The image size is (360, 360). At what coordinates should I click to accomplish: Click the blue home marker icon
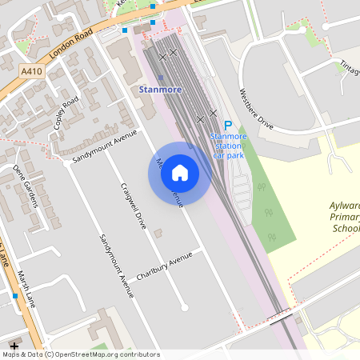179,173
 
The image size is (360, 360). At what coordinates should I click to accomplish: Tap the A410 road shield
31,71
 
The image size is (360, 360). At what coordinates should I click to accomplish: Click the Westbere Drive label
256,110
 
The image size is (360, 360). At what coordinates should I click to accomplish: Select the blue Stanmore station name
161,89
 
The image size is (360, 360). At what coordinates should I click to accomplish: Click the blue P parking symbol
227,126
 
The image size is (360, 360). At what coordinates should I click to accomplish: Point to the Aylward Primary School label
346,216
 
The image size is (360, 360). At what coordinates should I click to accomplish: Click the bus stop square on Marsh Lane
14,296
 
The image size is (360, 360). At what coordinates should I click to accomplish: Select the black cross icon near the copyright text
14,346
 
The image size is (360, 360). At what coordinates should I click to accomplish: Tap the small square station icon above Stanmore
160,78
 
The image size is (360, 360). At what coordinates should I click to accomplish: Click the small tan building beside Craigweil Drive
158,233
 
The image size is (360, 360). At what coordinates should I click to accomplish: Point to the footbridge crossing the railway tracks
280,318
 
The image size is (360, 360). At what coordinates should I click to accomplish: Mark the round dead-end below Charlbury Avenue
185,306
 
